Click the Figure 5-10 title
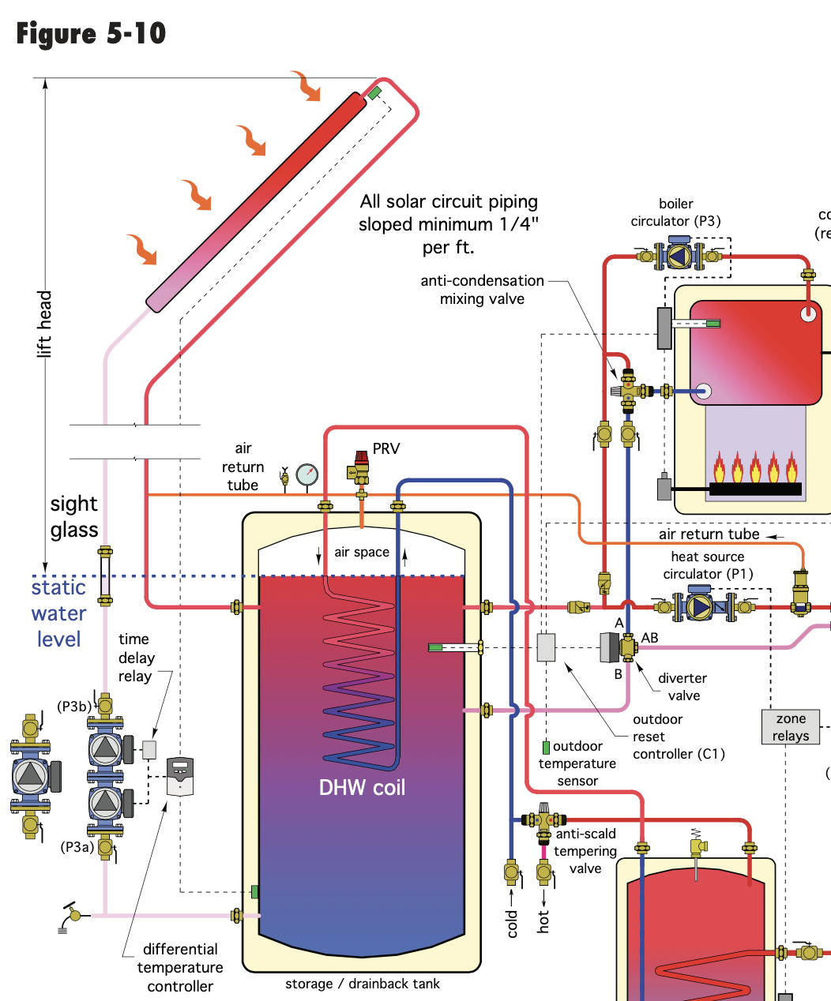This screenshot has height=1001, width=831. [91, 34]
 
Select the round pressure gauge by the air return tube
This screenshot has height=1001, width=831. [307, 474]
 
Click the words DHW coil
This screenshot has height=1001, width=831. [362, 787]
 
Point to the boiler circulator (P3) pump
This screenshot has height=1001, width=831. [679, 255]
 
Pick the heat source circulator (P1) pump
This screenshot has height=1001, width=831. [700, 606]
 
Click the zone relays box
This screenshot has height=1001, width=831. [791, 727]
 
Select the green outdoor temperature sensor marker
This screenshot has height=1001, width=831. [546, 747]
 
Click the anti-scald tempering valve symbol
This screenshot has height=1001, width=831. [543, 822]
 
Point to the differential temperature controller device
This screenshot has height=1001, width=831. [180, 777]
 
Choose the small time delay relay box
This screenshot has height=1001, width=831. [149, 749]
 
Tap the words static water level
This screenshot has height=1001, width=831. [58, 613]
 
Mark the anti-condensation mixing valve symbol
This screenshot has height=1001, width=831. [629, 390]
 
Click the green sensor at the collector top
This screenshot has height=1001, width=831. [374, 93]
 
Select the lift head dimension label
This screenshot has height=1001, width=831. [45, 324]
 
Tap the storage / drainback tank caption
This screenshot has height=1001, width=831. [363, 984]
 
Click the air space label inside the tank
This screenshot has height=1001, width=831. [362, 552]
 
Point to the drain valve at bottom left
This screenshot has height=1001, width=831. [73, 915]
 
